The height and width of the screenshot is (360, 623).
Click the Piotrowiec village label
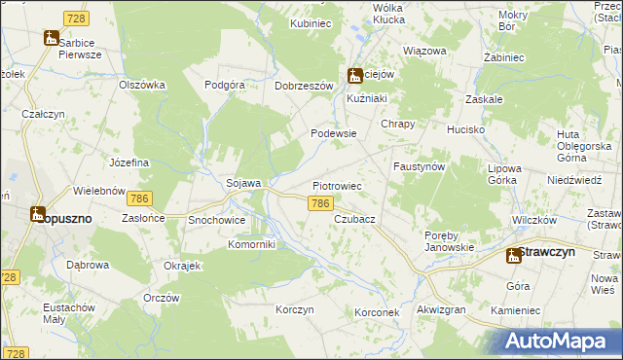pyautogui.click(x=338, y=185)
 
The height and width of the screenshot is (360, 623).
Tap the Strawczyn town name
pyautogui.click(x=547, y=251)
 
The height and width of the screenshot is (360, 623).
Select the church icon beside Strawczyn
pyautogui.click(x=512, y=255)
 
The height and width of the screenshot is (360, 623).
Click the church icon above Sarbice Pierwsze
pyautogui.click(x=52, y=38)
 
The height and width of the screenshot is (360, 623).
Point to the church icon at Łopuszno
pyautogui.click(x=37, y=213)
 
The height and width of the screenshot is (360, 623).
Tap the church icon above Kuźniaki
pyautogui.click(x=356, y=74)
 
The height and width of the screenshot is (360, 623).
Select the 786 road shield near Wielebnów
pyautogui.click(x=139, y=198)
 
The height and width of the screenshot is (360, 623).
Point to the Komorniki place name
pyautogui.click(x=252, y=244)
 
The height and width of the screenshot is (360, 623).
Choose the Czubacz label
pyautogui.click(x=354, y=220)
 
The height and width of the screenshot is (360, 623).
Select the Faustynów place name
pyautogui.click(x=419, y=166)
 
